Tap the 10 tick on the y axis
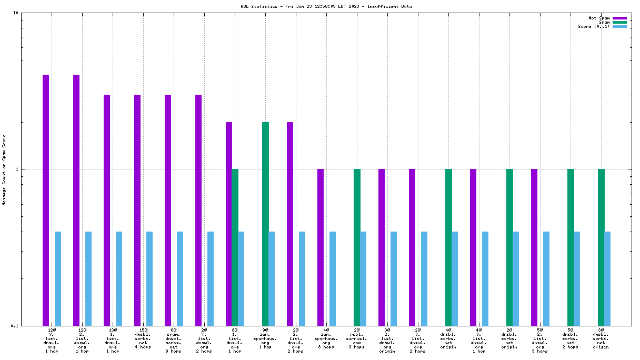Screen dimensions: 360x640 pyautogui.click(x=16, y=13)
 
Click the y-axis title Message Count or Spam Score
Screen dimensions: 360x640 pyautogui.click(x=4, y=169)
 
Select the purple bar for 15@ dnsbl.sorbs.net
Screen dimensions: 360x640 pyautogui.click(x=137, y=210)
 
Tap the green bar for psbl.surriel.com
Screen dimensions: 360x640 pyautogui.click(x=357, y=247)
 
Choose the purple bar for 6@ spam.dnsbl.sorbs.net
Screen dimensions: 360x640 pyautogui.click(x=168, y=210)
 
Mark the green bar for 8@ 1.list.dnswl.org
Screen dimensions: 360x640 pyautogui.click(x=235, y=247)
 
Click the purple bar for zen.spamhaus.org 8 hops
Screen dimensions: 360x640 pyautogui.click(x=321, y=247)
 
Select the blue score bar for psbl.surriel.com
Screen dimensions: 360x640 pyautogui.click(x=363, y=278)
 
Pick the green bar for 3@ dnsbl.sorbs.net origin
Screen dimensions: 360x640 pyautogui.click(x=601, y=247)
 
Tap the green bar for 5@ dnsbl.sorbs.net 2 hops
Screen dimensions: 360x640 pyautogui.click(x=571, y=247)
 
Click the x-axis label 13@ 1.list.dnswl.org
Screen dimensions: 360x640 pyautogui.click(x=113, y=340)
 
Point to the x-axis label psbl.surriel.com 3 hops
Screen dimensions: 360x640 pyautogui.click(x=357, y=340)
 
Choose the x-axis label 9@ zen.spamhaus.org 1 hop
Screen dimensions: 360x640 pyautogui.click(x=265, y=340)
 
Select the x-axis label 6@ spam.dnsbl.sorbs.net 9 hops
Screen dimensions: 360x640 pyautogui.click(x=174, y=340)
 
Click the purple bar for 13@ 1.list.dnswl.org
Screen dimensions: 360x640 pyautogui.click(x=107, y=210)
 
